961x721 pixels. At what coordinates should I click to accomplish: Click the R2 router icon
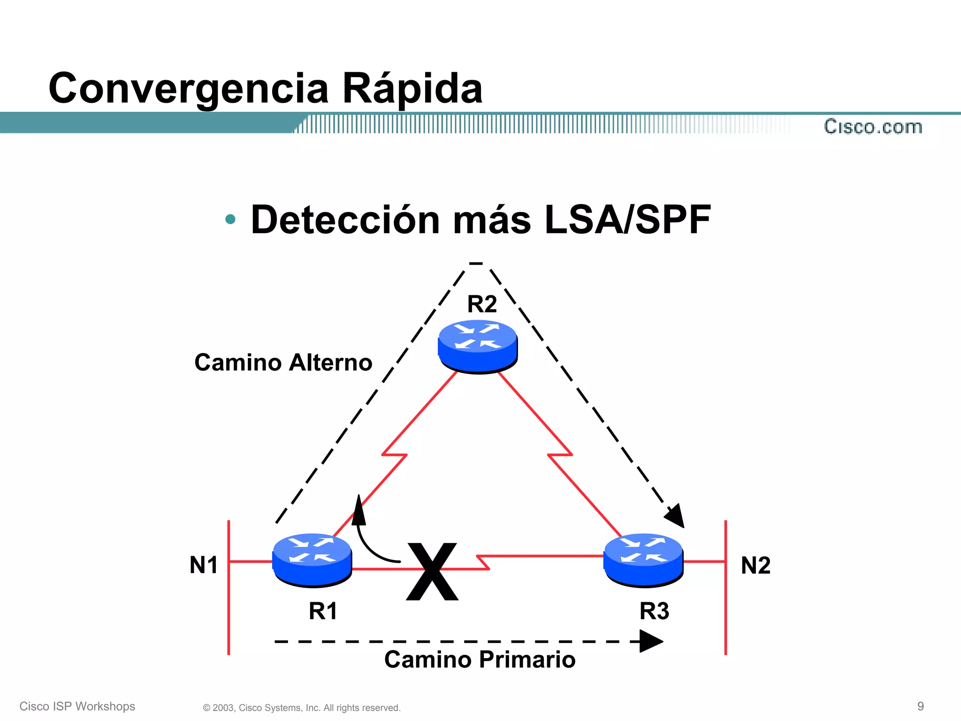(x=478, y=346)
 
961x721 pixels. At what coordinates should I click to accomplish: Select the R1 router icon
(x=312, y=560)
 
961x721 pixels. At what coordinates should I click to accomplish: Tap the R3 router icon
(x=643, y=560)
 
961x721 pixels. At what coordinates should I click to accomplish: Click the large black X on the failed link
(x=432, y=571)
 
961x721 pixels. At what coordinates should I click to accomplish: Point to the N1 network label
(x=204, y=565)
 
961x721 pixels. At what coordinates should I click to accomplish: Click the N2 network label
(x=755, y=565)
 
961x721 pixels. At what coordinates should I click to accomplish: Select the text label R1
(x=323, y=611)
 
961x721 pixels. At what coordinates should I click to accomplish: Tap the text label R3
(x=654, y=611)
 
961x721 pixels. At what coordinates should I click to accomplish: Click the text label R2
(x=482, y=304)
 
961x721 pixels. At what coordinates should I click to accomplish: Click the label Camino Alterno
(x=283, y=362)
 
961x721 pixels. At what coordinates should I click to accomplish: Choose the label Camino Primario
(x=480, y=660)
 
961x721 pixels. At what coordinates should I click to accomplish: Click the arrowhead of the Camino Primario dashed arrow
(x=651, y=641)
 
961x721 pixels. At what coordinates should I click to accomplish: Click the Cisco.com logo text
(x=873, y=127)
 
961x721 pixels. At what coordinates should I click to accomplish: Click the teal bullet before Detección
(x=230, y=219)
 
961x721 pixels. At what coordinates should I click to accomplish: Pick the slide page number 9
(x=920, y=706)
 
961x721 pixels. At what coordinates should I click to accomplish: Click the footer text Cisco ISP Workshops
(x=77, y=706)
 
